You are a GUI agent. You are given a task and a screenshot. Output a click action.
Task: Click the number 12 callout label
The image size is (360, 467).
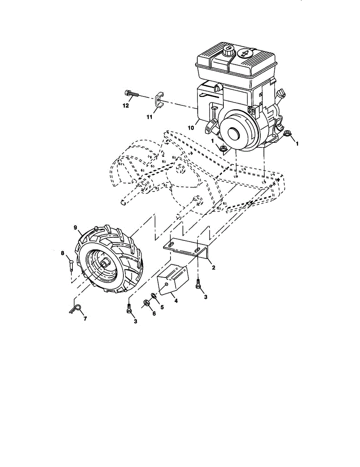point(125,105)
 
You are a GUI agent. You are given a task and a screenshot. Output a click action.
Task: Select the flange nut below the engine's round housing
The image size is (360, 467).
point(223,148)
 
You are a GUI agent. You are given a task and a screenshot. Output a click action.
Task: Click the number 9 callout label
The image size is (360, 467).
point(76,227)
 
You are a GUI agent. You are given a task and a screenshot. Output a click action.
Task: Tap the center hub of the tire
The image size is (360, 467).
point(104,263)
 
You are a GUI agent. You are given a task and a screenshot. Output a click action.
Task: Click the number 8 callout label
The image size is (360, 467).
point(62,253)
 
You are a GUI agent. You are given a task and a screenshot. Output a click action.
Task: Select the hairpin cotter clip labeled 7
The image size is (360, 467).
point(76,308)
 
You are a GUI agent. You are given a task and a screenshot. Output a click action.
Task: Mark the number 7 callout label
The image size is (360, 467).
point(85,318)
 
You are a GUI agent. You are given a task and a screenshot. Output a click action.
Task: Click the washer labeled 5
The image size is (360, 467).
point(155,297)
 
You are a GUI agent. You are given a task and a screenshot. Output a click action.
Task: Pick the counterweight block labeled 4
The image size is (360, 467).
point(172,277)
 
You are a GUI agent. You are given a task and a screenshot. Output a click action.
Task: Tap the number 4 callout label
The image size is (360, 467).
point(176,301)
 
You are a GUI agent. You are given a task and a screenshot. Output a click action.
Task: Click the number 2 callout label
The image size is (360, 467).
point(213,268)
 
